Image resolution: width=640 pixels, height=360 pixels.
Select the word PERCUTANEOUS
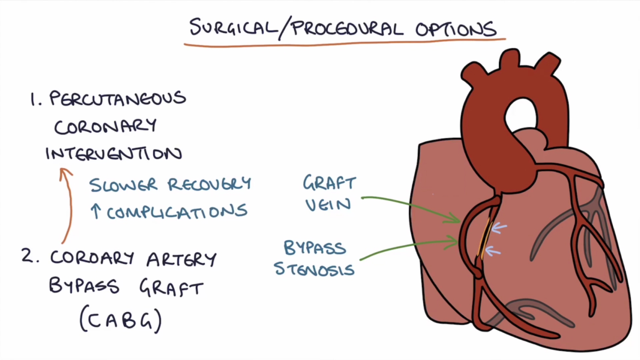(117, 99)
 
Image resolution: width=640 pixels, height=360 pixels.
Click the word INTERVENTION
(114, 153)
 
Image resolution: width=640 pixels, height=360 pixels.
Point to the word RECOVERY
(209, 184)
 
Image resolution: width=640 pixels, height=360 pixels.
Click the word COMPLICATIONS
(177, 212)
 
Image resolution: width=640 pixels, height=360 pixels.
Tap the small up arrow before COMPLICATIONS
(96, 211)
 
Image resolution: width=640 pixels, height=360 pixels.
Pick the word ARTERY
(181, 259)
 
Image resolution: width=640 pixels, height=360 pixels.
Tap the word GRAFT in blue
(329, 183)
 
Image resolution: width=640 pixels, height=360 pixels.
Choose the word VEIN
(328, 205)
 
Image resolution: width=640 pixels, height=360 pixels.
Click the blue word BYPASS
(315, 248)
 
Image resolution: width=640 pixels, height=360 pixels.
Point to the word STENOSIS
(314, 269)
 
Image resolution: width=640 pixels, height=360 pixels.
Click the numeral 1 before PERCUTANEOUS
(35, 99)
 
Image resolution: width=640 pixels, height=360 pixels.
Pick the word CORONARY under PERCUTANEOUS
(105, 127)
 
